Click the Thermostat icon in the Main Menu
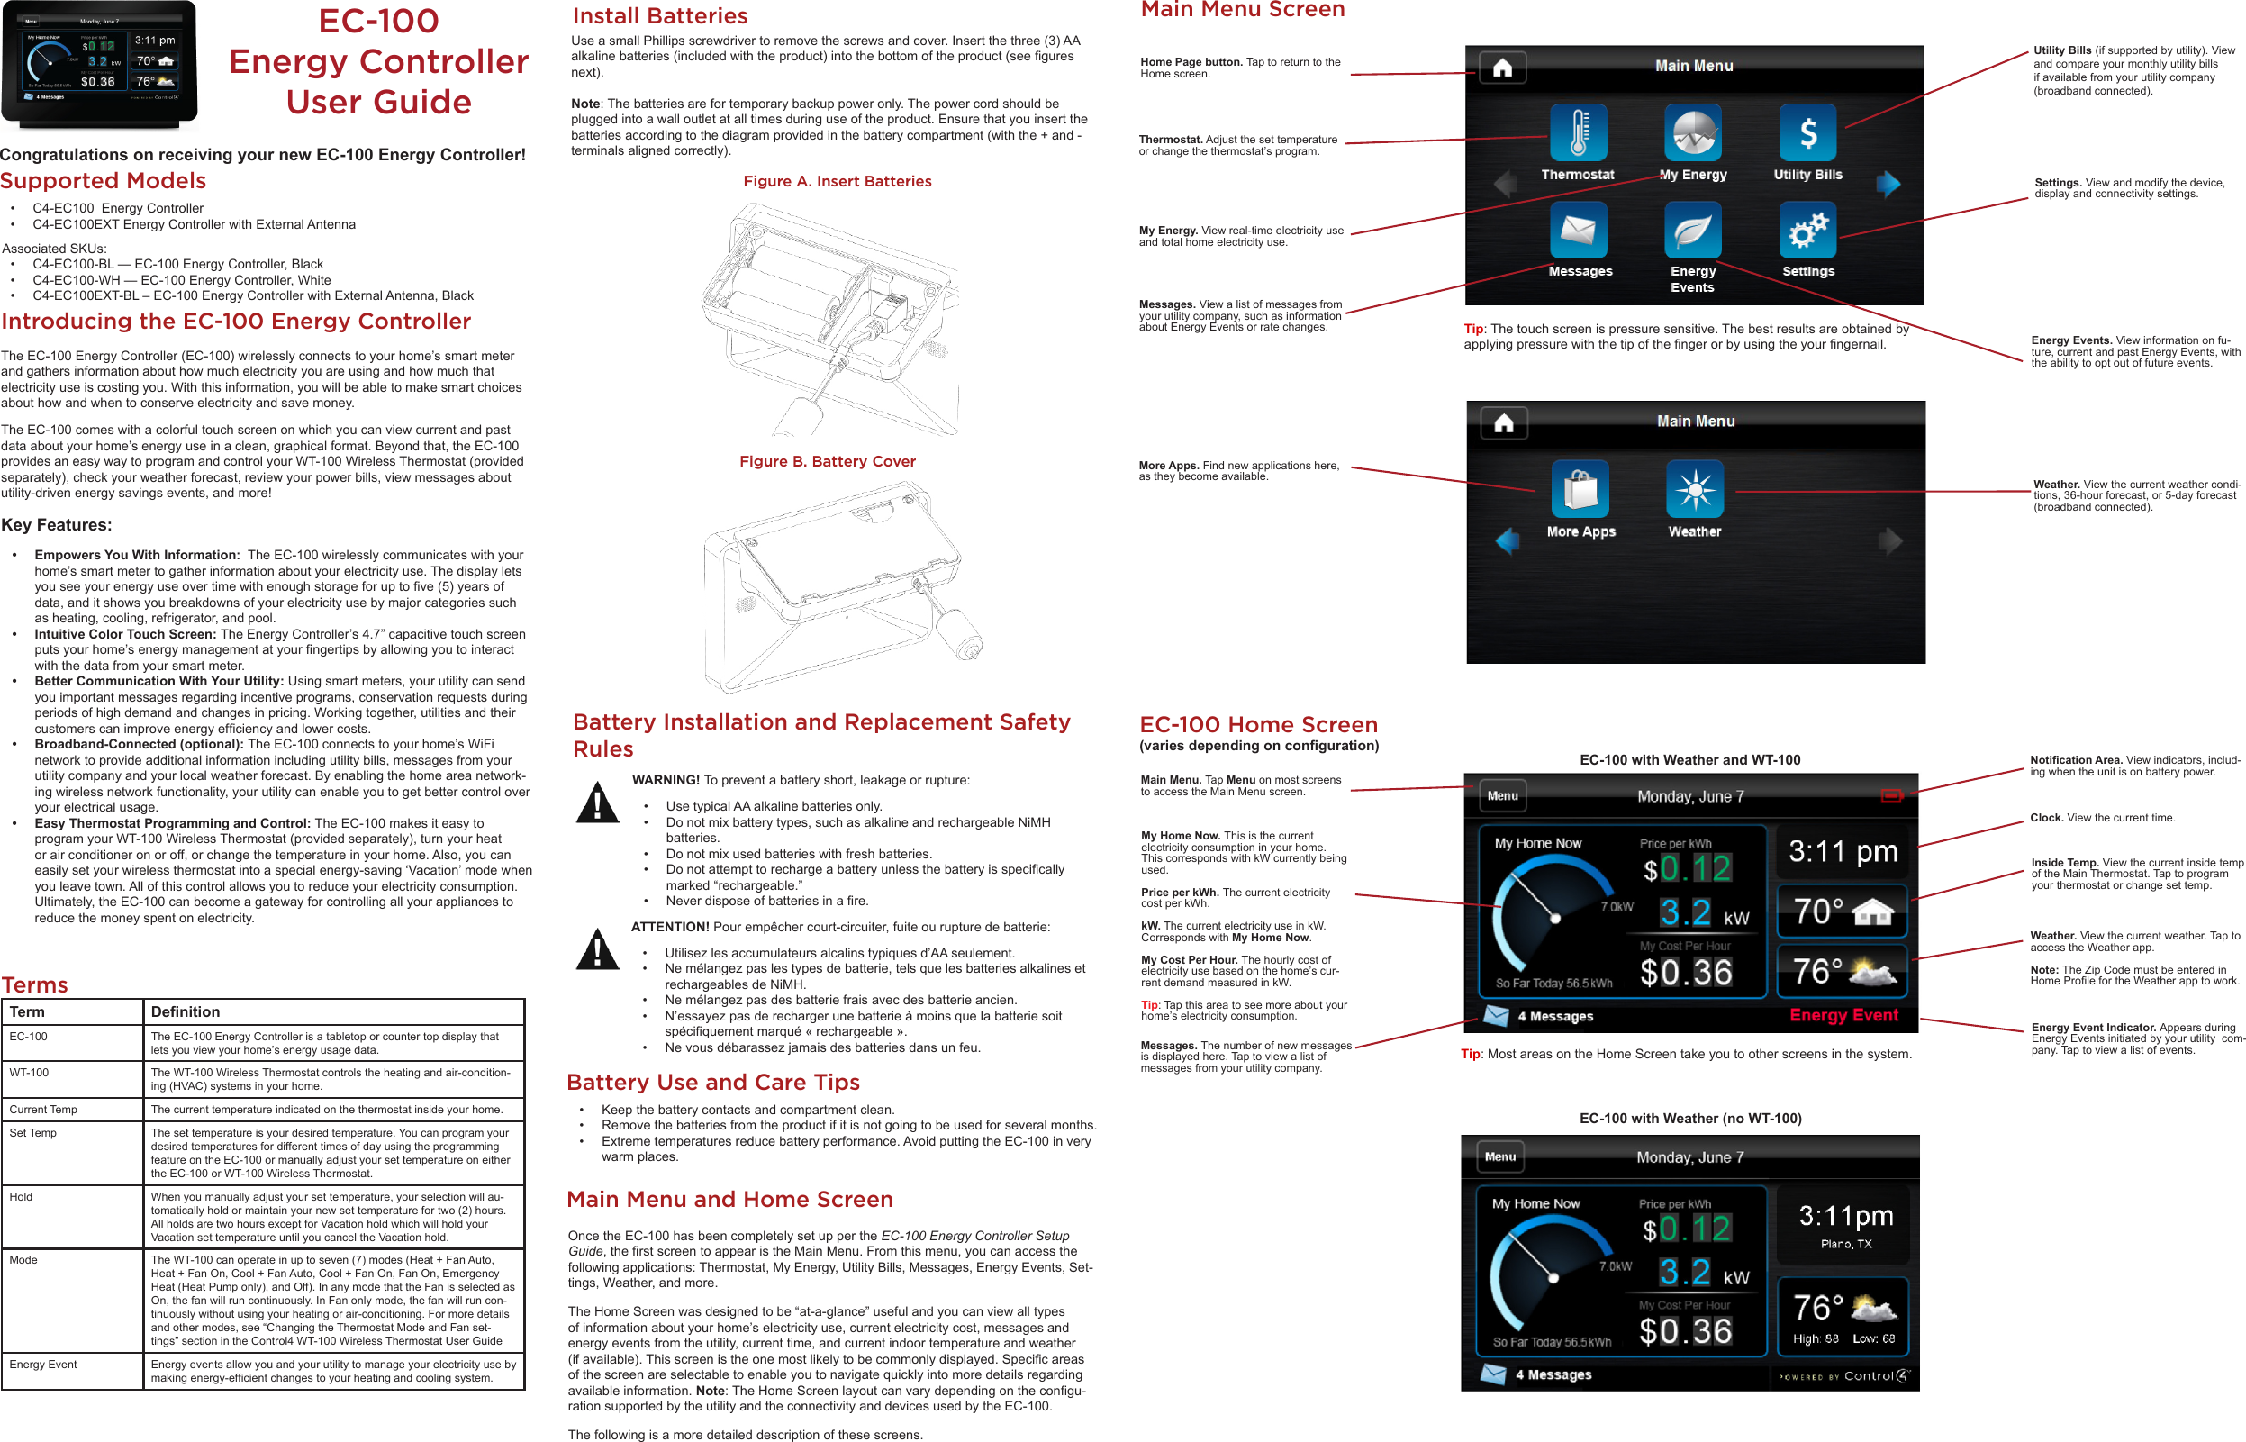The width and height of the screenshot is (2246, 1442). click(1579, 133)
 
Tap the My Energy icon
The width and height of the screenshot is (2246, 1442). click(1693, 133)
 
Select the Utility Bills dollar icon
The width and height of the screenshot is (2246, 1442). click(1807, 133)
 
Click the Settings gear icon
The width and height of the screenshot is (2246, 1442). click(1807, 231)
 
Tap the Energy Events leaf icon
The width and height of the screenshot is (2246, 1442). click(1693, 231)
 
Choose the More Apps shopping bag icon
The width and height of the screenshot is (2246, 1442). click(1580, 489)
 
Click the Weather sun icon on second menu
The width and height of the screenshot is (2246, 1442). click(1695, 489)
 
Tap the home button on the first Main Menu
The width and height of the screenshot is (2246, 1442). click(1503, 68)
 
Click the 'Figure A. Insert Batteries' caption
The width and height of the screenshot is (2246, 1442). click(837, 182)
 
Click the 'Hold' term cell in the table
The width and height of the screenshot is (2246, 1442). click(21, 1197)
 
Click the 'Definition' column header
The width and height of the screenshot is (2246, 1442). click(186, 1012)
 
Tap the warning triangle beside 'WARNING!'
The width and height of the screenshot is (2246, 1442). click(597, 803)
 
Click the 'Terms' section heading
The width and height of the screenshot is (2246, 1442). click(34, 985)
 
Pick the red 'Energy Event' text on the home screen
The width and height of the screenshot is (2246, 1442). click(1843, 1015)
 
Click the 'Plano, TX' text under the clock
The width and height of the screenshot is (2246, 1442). click(1845, 1245)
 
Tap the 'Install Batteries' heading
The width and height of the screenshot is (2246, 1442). click(660, 16)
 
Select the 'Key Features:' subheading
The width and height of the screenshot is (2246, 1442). click(56, 525)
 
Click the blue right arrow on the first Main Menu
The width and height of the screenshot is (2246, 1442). click(1888, 184)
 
